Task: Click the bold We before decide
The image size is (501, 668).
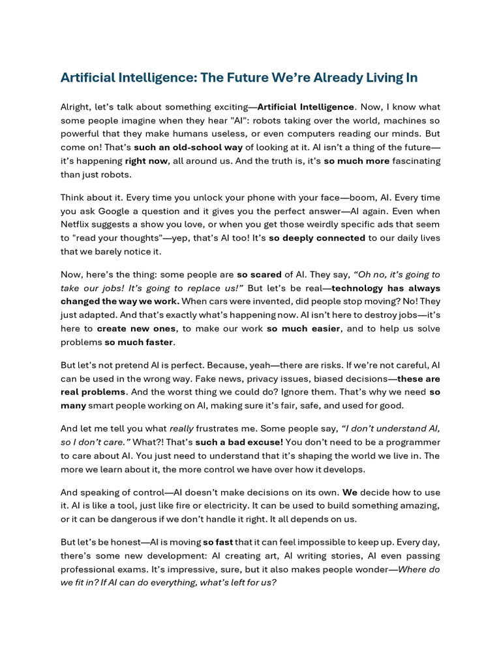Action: click(x=350, y=492)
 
